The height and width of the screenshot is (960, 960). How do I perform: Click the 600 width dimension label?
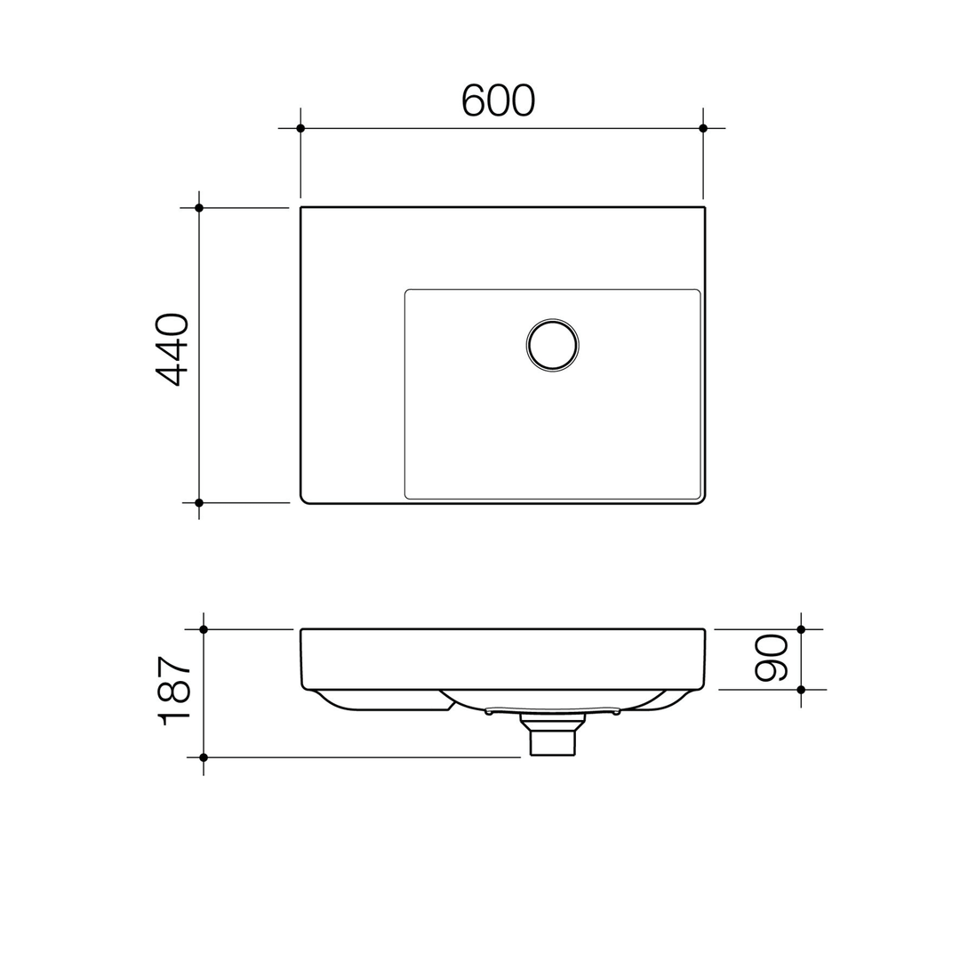(x=498, y=100)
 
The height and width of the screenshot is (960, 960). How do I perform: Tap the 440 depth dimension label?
(x=172, y=349)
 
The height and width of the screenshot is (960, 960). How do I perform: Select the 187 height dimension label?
(x=173, y=691)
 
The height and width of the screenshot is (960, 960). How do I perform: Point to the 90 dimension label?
(x=771, y=659)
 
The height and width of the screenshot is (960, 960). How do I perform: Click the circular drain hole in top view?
(x=552, y=345)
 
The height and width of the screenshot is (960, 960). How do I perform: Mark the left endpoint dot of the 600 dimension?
(x=300, y=128)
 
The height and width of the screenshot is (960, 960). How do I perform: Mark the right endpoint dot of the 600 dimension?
(x=703, y=128)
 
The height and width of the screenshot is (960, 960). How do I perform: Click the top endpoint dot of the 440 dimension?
(x=199, y=208)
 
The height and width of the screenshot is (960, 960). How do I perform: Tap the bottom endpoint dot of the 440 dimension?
(x=199, y=503)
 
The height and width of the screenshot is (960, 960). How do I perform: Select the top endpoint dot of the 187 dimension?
(x=204, y=629)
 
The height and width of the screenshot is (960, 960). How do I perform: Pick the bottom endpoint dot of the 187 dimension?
(x=204, y=757)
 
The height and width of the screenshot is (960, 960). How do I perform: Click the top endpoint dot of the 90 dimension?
(x=801, y=629)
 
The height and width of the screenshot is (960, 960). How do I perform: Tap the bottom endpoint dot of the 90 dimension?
(x=801, y=690)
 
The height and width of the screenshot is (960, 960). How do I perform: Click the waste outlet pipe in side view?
(x=552, y=740)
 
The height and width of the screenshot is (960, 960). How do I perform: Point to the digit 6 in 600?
(x=473, y=100)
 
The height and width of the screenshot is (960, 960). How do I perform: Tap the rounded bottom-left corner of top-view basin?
(x=305, y=499)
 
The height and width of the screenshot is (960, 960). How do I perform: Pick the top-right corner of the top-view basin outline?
(x=704, y=208)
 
